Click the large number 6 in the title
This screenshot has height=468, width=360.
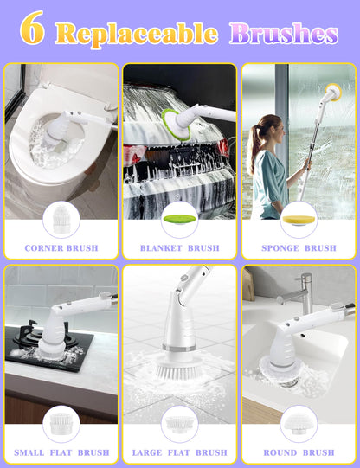click(x=32, y=28)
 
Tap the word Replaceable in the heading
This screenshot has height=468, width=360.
click(x=137, y=35)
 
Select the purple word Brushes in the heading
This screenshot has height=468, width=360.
click(x=284, y=34)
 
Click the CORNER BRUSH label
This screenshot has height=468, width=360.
click(x=61, y=248)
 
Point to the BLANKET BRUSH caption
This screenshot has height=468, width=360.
click(x=180, y=248)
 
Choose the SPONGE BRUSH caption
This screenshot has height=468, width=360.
click(x=299, y=248)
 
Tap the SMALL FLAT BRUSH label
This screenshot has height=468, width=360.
click(x=61, y=452)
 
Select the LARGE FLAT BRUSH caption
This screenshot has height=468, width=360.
click(x=180, y=452)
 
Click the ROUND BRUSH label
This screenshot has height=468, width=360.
click(x=299, y=452)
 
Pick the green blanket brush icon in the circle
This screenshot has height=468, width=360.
click(x=180, y=219)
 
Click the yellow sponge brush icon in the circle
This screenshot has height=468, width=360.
click(x=299, y=221)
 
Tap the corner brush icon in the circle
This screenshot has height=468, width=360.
click(x=61, y=220)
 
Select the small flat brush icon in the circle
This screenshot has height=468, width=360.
click(x=61, y=423)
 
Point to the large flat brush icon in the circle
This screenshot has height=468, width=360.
click(x=179, y=424)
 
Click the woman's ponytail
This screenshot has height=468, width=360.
click(x=253, y=150)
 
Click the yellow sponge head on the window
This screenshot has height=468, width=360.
click(x=334, y=92)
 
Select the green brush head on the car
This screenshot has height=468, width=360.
click(x=175, y=125)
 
